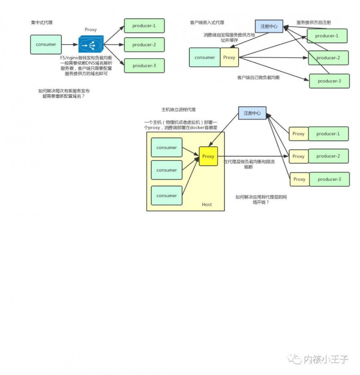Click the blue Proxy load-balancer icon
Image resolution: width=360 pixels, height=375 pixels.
(x=91, y=44)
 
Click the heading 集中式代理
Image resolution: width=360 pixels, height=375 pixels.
(x=42, y=23)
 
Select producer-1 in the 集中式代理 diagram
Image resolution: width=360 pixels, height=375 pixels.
(x=144, y=26)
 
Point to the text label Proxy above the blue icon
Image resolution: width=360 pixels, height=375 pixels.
(x=91, y=30)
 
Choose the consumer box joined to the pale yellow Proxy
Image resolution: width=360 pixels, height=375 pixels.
(x=204, y=58)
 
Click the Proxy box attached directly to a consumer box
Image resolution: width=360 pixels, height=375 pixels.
(x=229, y=58)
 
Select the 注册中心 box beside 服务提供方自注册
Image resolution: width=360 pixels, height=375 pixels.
(x=269, y=26)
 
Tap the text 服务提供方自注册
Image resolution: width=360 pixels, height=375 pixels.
(x=314, y=23)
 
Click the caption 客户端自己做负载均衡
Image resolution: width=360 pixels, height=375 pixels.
(x=258, y=78)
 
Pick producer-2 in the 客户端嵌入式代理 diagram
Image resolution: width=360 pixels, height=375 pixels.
(x=328, y=58)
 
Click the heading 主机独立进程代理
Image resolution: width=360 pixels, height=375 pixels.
(x=179, y=110)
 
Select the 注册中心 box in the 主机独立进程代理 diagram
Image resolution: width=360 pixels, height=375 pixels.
(x=252, y=113)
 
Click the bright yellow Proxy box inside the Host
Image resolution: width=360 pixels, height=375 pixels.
(x=208, y=156)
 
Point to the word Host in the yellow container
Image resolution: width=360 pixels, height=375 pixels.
(x=207, y=205)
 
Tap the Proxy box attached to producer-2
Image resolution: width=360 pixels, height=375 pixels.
(x=298, y=156)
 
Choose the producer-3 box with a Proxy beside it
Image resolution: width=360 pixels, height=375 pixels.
(x=329, y=179)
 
